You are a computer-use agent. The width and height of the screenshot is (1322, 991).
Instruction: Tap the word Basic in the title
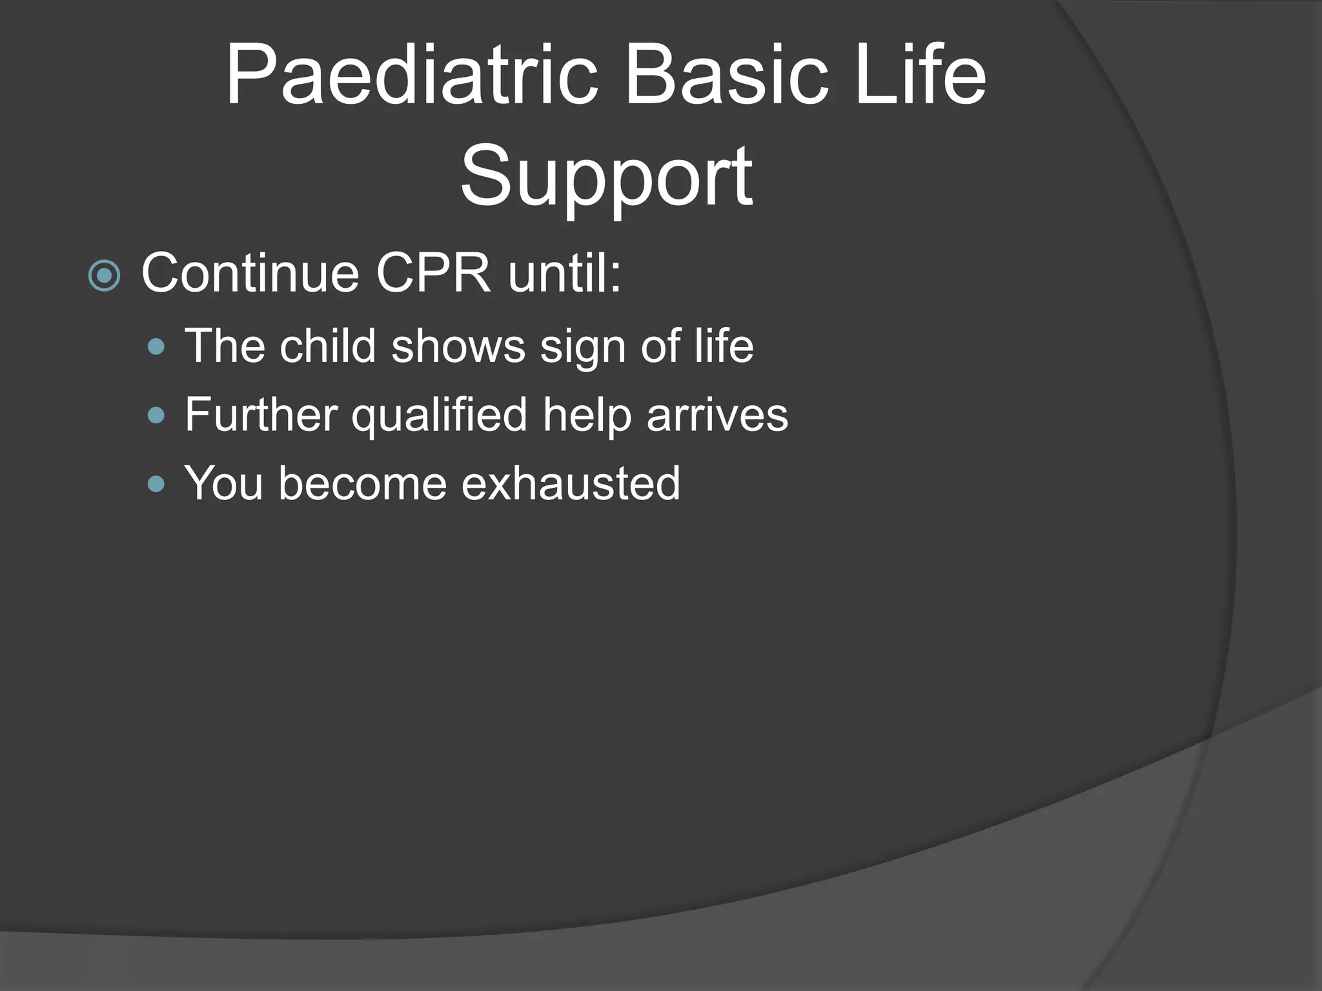[726, 76]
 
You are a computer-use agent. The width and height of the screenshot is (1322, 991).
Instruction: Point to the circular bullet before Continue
[104, 276]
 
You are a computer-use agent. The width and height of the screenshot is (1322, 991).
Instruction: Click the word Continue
[250, 274]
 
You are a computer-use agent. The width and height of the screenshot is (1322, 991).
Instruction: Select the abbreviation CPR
[433, 274]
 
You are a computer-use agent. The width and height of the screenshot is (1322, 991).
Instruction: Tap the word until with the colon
[564, 274]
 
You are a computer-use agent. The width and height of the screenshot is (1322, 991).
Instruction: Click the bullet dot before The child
[156, 348]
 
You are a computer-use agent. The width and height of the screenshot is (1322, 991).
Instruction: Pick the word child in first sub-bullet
[327, 346]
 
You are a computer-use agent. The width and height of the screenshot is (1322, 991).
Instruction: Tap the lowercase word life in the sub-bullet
[724, 346]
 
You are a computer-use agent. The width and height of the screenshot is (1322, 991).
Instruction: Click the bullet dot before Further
[156, 415]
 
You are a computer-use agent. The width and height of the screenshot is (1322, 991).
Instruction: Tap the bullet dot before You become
[156, 484]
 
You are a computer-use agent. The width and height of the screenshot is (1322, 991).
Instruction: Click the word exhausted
[571, 483]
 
